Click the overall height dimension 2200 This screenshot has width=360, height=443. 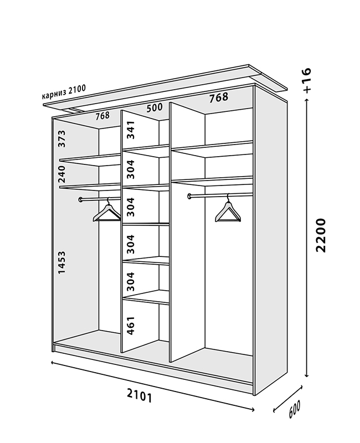pyautogui.click(x=321, y=235)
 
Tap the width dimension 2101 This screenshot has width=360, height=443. pyautogui.click(x=139, y=395)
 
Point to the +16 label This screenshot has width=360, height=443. pyautogui.click(x=308, y=79)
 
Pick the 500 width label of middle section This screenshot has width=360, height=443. pyautogui.click(x=154, y=108)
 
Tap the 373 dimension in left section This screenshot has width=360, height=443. pyautogui.click(x=62, y=138)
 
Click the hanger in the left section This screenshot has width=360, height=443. pyautogui.click(x=107, y=213)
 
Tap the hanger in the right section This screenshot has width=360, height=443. pyautogui.click(x=228, y=212)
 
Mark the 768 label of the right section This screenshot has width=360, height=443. pyautogui.click(x=219, y=98)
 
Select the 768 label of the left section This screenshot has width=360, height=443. pyautogui.click(x=102, y=116)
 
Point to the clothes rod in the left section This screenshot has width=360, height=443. pyautogui.click(x=100, y=198)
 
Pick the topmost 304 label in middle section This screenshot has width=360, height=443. pyautogui.click(x=131, y=169)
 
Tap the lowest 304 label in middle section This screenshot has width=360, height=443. pyautogui.click(x=131, y=281)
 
